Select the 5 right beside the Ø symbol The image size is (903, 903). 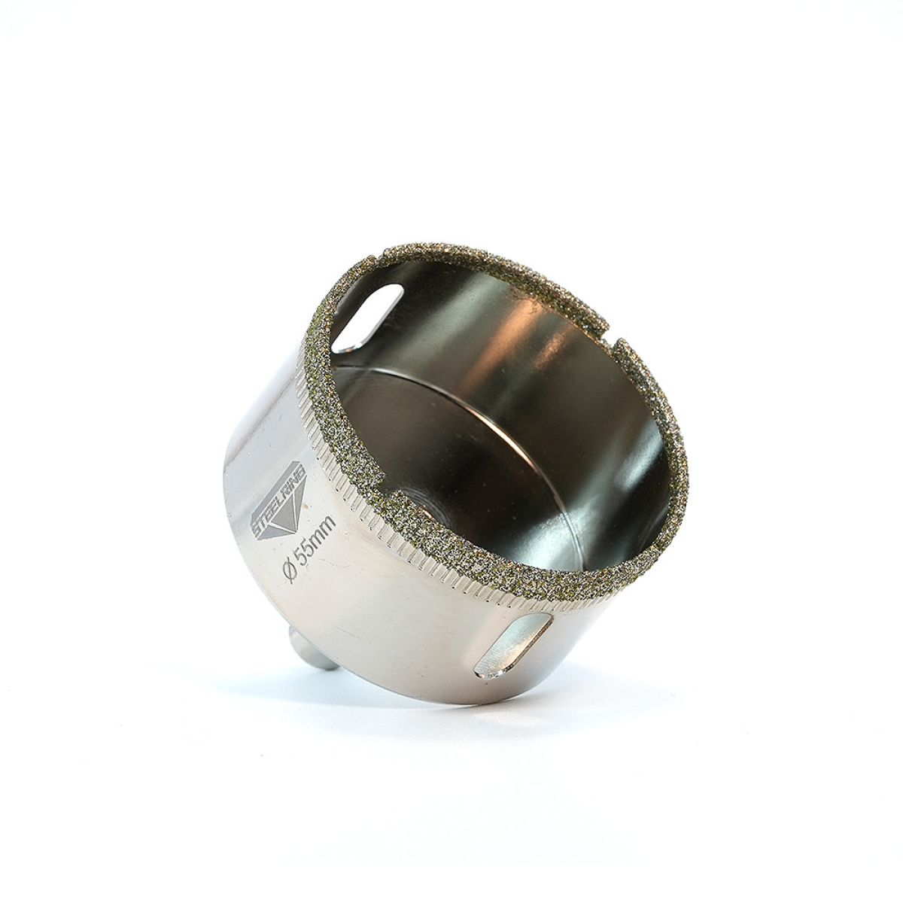click(299, 557)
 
